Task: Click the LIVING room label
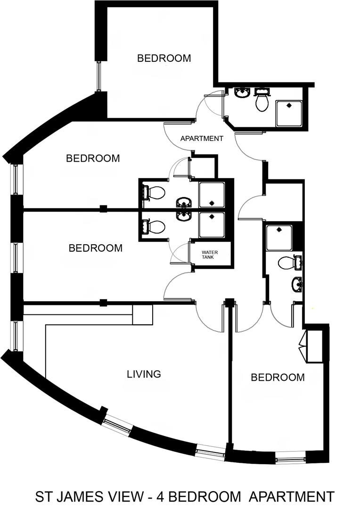144,374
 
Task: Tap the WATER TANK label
209,254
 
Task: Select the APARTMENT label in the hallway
202,139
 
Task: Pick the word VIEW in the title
126,496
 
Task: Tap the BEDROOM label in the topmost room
164,58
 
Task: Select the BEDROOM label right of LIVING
278,378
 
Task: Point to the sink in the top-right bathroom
243,92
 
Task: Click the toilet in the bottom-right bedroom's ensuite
287,263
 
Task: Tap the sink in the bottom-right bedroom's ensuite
297,284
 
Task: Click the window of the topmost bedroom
99,75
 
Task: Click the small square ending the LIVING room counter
142,314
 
